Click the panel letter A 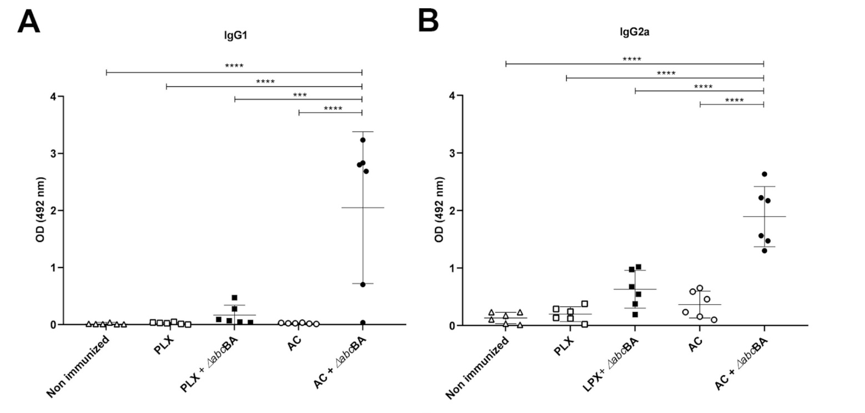29,22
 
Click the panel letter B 428,21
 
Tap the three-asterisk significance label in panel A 300,95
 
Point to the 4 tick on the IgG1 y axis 53,97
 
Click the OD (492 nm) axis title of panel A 41,210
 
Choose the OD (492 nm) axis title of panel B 439,210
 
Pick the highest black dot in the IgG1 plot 363,140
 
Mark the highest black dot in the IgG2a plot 764,174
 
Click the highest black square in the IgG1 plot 235,298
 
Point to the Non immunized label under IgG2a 478,371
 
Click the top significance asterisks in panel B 632,59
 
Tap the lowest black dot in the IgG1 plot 363,323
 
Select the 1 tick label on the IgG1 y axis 53,268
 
